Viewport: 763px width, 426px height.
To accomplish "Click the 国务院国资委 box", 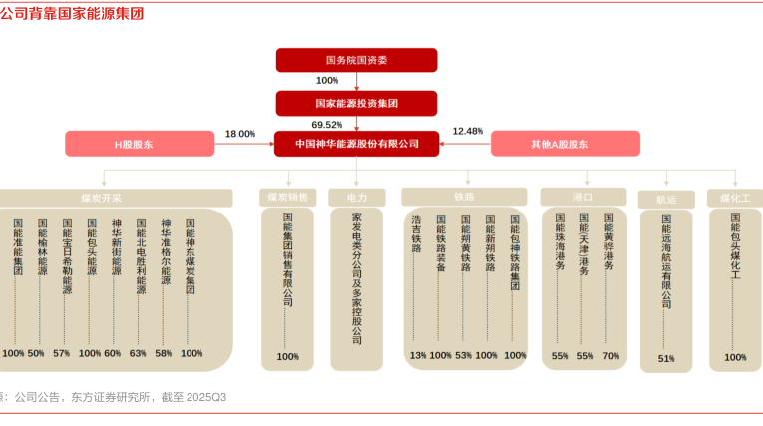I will tap(356, 60).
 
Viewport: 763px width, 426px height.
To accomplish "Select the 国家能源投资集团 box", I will tap(356, 102).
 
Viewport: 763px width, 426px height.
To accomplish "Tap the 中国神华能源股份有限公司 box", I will tap(356, 144).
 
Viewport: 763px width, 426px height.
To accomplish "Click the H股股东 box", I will tap(139, 144).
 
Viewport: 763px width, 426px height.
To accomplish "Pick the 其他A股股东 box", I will tap(565, 144).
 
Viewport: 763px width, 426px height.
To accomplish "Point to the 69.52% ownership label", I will tap(327, 125).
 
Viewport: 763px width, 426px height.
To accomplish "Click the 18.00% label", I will tap(240, 134).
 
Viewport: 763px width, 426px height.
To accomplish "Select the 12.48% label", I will tap(467, 131).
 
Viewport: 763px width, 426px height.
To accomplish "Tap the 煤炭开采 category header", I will tap(102, 198).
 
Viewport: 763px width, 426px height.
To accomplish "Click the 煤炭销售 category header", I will tap(288, 198).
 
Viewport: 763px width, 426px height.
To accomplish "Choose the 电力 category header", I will tap(357, 198).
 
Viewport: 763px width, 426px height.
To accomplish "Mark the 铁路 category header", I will tap(464, 197).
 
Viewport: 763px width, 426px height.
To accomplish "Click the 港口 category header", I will tap(583, 197).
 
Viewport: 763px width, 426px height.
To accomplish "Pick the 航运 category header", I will tap(666, 200).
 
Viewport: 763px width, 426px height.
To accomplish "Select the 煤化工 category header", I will tap(735, 198).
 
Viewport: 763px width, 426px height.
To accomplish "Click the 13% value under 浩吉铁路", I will tap(418, 355).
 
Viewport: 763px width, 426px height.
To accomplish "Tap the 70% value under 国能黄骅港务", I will tap(610, 355).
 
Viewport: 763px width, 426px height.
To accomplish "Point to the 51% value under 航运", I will tap(666, 358).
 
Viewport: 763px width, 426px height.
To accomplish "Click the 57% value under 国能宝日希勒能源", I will tap(62, 353).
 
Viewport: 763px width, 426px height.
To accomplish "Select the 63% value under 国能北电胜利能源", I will tap(138, 353).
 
